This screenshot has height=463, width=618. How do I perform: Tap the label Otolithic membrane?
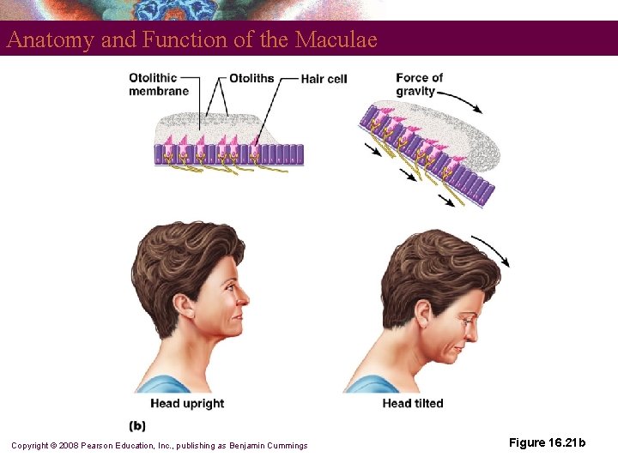click(x=158, y=84)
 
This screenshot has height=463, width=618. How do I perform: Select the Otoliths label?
click(x=251, y=78)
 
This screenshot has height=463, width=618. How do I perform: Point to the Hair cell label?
click(x=324, y=79)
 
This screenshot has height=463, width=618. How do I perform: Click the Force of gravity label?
click(x=419, y=84)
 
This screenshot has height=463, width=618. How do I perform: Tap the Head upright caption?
click(x=187, y=403)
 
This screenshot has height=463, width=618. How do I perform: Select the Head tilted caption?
click(x=413, y=403)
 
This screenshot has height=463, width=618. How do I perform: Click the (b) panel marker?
click(x=137, y=425)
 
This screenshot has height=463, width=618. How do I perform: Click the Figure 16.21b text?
click(x=547, y=442)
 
